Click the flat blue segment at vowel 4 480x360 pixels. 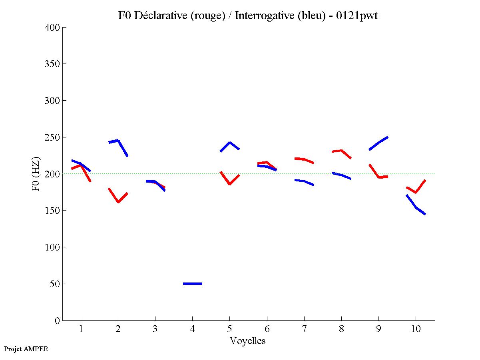193,283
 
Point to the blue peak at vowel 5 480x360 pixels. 229,143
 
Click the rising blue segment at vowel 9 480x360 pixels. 378,143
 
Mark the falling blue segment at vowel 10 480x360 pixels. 416,207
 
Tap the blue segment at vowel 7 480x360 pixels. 304,181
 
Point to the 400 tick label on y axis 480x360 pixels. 52,28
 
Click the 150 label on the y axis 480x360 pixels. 52,211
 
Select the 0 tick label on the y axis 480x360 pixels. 58,320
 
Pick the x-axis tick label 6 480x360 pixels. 267,329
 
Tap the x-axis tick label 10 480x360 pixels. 416,329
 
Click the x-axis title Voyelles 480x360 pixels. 248,341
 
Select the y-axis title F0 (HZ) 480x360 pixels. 36,174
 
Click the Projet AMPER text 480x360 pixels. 26,349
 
